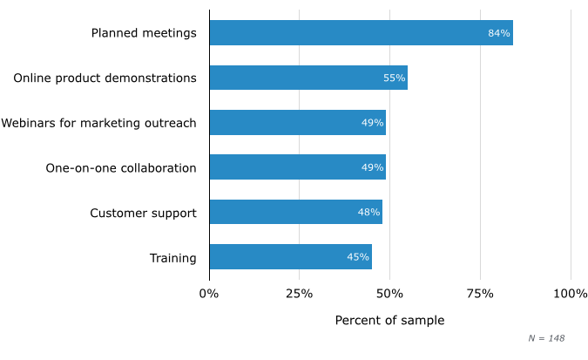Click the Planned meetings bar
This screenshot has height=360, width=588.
(x=361, y=33)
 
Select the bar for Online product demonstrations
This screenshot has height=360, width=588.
(x=308, y=78)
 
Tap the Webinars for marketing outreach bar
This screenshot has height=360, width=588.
(x=297, y=123)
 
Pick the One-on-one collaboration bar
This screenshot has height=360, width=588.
(x=297, y=167)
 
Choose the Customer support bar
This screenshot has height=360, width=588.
(x=295, y=213)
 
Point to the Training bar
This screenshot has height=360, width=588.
(x=290, y=257)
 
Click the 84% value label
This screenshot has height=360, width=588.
(x=498, y=33)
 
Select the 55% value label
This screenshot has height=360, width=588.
(x=394, y=78)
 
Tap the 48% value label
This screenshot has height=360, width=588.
(x=368, y=213)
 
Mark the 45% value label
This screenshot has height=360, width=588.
(x=358, y=257)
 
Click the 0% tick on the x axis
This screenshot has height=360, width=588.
(x=209, y=294)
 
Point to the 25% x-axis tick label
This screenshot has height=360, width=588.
(x=299, y=294)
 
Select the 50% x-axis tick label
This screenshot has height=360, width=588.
(x=389, y=294)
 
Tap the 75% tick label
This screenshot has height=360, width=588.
(x=480, y=294)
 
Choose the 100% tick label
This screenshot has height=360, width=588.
(x=571, y=294)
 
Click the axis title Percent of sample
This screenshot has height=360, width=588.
(x=389, y=321)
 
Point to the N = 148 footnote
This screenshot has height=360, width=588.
(x=546, y=338)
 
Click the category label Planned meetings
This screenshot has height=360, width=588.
(x=144, y=33)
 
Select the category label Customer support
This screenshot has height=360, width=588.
(x=143, y=213)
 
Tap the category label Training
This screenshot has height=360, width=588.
(x=172, y=257)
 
